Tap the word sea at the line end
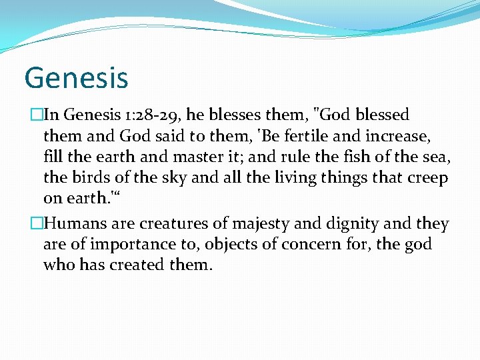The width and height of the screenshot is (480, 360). [437, 157]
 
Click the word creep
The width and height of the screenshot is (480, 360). [427, 178]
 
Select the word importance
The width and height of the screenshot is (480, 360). [124, 245]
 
